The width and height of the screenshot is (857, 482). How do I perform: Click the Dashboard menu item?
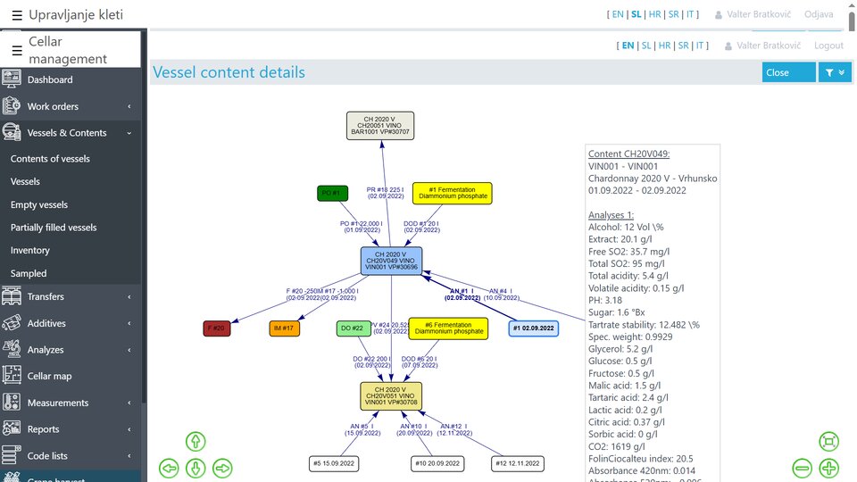coord(50,79)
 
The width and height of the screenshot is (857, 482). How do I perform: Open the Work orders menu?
coord(53,106)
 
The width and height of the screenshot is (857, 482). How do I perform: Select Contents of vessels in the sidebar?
coord(50,159)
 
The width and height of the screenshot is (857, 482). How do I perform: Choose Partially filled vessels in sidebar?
coord(54,228)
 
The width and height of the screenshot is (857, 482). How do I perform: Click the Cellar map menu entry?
coord(49,377)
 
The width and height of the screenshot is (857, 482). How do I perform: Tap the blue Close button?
coord(788,72)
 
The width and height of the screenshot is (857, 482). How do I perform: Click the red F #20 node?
coord(217,328)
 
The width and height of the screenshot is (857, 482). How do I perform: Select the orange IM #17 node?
coord(284,328)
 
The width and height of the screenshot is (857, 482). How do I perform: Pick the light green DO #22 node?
coord(354,328)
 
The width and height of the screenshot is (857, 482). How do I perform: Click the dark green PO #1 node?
coord(332,194)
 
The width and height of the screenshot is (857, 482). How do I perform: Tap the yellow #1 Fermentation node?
coord(452,193)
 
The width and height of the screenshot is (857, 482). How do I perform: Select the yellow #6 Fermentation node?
coord(448,328)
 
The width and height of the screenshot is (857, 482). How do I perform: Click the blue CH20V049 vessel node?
coord(391,261)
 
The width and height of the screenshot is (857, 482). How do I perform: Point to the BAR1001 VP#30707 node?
coord(380,126)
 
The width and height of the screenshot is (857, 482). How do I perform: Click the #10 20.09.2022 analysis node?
coord(437,463)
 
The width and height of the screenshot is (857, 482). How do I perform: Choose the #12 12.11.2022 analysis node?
coord(518,463)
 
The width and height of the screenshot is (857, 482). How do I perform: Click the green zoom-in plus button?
coord(828,468)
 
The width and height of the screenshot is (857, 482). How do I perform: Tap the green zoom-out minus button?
coord(802,468)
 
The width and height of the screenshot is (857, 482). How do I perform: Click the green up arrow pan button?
coord(196,441)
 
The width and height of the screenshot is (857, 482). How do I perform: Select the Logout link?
coord(828,46)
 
